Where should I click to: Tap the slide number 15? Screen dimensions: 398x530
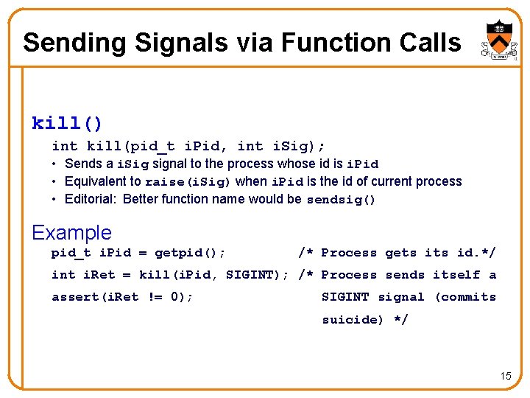pyautogui.click(x=505, y=377)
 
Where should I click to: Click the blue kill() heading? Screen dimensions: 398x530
pyautogui.click(x=67, y=122)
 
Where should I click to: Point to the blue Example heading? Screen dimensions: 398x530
pyautogui.click(x=71, y=233)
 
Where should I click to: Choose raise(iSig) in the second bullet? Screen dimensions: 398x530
pyautogui.click(x=188, y=182)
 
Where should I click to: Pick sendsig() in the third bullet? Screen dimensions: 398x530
pyautogui.click(x=341, y=200)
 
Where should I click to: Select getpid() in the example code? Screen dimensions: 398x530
pyautogui.click(x=190, y=253)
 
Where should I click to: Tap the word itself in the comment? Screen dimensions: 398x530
pyautogui.click(x=456, y=275)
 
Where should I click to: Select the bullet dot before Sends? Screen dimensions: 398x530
pyautogui.click(x=55, y=164)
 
